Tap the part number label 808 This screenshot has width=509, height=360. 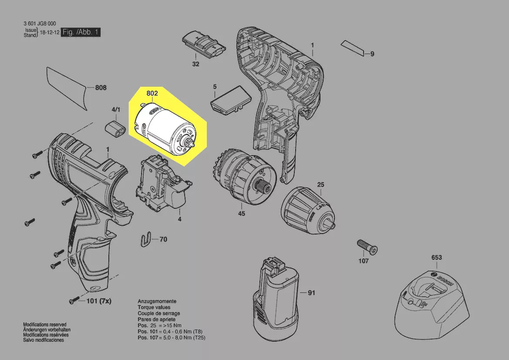coord(101,88)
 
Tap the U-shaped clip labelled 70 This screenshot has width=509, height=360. coord(148,239)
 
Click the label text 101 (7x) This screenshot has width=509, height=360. coord(99,301)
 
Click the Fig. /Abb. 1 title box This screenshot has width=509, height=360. coord(81,32)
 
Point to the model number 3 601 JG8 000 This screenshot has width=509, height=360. coord(40,24)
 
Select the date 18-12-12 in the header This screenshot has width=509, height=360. coord(50,33)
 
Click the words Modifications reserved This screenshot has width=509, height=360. coord(45,325)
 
